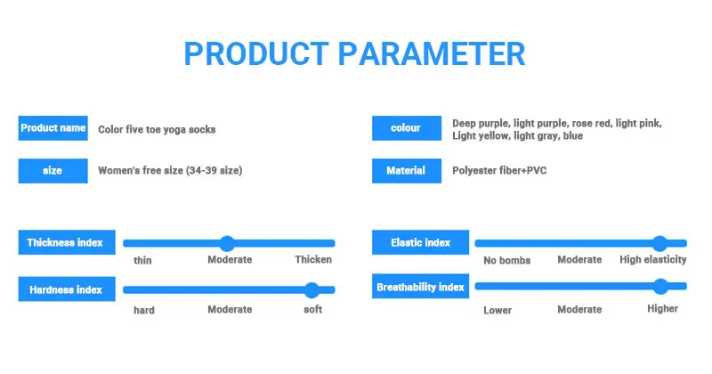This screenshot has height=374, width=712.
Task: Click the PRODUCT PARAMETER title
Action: coord(354,53)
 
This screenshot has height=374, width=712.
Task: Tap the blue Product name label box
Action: coord(53,128)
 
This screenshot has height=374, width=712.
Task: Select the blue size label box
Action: coord(53,170)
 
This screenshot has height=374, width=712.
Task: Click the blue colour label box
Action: coord(406,128)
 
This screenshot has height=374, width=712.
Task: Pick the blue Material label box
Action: coord(406,170)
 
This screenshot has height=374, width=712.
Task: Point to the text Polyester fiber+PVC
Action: coord(499,170)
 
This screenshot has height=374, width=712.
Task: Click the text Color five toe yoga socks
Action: coord(157,129)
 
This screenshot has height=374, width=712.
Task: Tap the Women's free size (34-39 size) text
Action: coord(170,170)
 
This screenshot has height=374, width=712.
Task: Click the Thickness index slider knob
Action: coord(227,243)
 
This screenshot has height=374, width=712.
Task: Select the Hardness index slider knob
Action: coord(311,289)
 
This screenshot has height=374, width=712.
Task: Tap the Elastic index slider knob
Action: coord(659,243)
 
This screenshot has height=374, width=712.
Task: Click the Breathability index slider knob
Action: coord(660,286)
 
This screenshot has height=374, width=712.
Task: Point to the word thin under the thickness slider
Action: coord(142,260)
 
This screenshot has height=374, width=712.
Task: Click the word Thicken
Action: coord(313,260)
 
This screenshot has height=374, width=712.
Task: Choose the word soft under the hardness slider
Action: coord(312,310)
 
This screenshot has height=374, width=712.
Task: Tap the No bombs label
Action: coord(506,260)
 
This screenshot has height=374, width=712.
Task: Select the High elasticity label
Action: coord(653,260)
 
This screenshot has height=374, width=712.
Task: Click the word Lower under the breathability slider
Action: coord(498,310)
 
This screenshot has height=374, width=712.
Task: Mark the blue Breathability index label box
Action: coord(420,287)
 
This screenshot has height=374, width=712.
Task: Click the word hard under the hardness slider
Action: coord(144,310)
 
